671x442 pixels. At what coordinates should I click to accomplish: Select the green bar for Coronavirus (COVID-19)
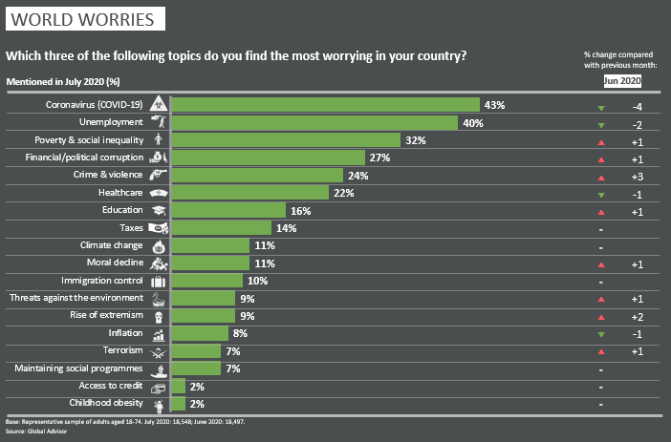click(325, 105)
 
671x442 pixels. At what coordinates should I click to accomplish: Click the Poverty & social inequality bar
click(286, 140)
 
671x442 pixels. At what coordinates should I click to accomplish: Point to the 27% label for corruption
click(379, 158)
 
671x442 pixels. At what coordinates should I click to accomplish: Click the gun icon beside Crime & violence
click(159, 175)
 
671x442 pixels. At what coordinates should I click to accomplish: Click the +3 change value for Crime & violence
click(636, 176)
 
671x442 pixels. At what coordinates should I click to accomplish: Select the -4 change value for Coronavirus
click(636, 105)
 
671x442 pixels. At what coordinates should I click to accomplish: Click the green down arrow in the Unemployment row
click(600, 123)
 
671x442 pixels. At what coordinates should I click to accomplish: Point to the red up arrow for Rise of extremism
click(600, 316)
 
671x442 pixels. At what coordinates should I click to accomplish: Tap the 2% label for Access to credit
click(196, 386)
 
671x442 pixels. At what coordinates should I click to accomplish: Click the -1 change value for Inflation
click(636, 333)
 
